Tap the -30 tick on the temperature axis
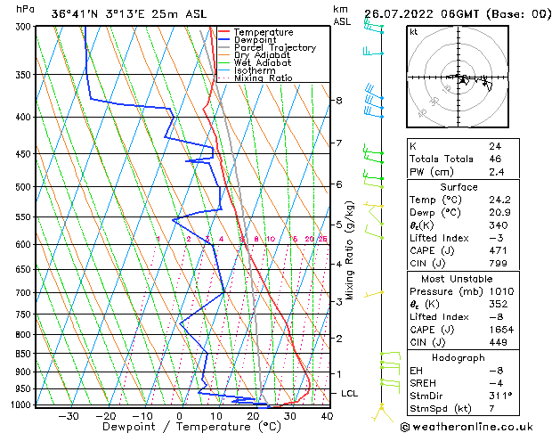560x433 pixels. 69,415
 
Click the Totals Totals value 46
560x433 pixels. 495,158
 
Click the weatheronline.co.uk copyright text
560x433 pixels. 480,425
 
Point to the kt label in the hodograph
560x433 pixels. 414,32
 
